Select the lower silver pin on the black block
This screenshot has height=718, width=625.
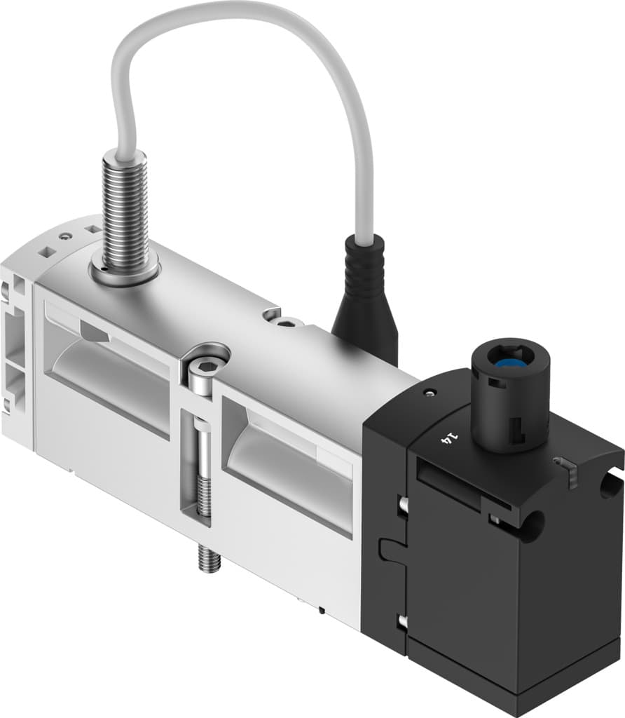401,621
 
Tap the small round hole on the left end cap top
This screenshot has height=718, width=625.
66,237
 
